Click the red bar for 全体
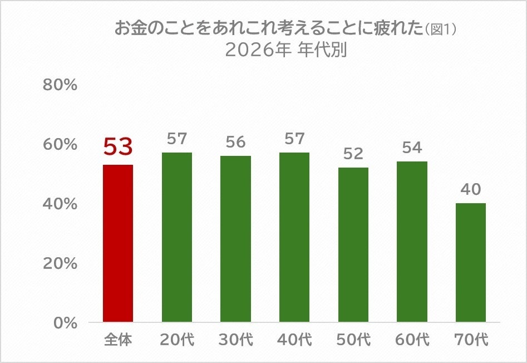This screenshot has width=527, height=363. point(118,243)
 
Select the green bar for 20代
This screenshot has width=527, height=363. point(177,237)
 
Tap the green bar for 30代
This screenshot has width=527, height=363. point(235,239)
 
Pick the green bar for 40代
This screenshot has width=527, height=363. point(294,237)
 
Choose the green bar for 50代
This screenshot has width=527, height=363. point(353,244)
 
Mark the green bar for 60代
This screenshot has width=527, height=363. point(412,242)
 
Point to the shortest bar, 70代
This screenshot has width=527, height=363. point(471,262)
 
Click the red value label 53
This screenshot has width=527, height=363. point(118,147)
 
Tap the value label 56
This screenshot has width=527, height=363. point(235,142)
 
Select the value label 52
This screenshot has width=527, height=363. point(353,154)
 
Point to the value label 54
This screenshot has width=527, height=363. point(412,148)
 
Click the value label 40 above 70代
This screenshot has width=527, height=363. point(471,189)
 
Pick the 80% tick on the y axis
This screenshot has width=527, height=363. point(60,85)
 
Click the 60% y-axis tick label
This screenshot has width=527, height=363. point(60,145)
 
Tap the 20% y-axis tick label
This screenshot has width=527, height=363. point(60,263)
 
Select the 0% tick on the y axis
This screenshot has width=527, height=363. point(65,323)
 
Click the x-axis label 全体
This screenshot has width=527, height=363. point(118,340)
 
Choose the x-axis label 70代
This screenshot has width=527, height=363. point(471,340)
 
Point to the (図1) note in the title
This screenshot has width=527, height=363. point(441,30)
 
